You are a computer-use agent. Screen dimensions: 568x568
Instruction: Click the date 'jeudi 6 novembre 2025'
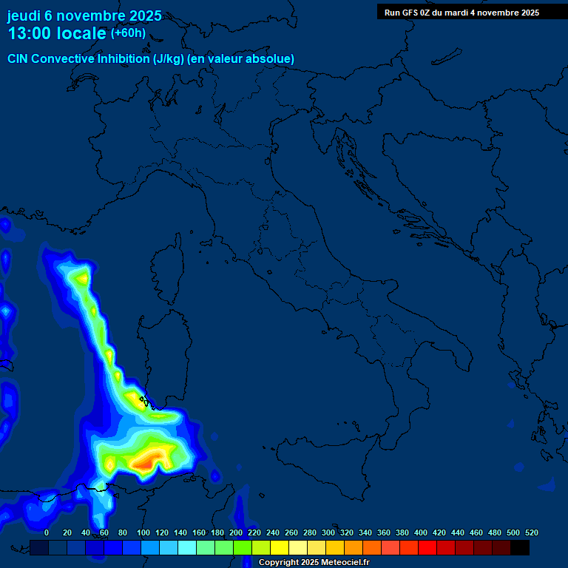pyautogui.click(x=84, y=16)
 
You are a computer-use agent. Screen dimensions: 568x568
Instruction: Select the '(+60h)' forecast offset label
pyautogui.click(x=128, y=33)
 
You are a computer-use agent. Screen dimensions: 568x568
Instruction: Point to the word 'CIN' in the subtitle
pyautogui.click(x=18, y=58)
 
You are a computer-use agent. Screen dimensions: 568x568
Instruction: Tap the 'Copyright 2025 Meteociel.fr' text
pyautogui.click(x=314, y=563)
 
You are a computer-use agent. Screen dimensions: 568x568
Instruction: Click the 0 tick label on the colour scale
pyautogui.click(x=47, y=532)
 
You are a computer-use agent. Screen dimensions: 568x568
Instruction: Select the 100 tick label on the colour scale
pyautogui.click(x=143, y=532)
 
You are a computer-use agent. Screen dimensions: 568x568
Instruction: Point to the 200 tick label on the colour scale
pyautogui.click(x=236, y=532)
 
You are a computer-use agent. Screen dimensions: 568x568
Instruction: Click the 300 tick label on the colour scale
pyautogui.click(x=328, y=532)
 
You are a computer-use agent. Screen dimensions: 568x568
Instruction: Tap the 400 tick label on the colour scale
pyautogui.click(x=421, y=532)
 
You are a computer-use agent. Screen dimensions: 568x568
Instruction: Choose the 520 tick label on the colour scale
pyautogui.click(x=531, y=532)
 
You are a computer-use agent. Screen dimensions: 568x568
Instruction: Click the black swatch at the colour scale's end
pyautogui.click(x=520, y=548)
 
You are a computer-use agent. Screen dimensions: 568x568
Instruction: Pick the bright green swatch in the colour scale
pyautogui.click(x=242, y=548)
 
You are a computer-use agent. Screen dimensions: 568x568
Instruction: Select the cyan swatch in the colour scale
pyautogui.click(x=186, y=548)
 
